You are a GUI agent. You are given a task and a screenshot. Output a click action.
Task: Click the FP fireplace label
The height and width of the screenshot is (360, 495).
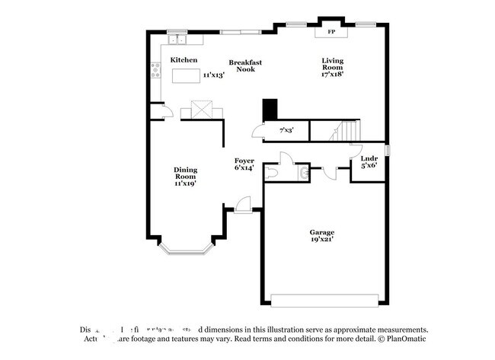[x=331, y=33]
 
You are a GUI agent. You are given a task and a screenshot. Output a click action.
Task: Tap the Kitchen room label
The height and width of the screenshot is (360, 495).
[x=184, y=59]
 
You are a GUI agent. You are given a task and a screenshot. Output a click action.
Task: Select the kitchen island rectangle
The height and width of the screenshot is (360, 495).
[x=185, y=75]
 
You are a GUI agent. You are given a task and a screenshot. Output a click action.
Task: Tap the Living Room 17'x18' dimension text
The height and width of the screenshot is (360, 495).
[x=333, y=75]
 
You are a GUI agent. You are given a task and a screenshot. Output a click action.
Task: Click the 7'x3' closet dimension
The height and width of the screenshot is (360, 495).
[x=286, y=130]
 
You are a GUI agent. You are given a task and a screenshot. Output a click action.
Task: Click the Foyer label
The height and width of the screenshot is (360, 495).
[x=244, y=161]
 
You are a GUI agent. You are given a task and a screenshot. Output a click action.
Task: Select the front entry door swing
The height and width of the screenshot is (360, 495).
[x=243, y=203]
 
